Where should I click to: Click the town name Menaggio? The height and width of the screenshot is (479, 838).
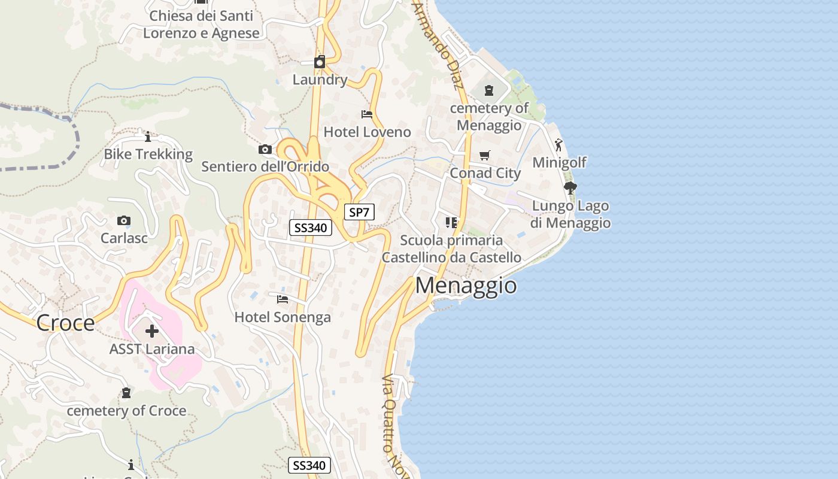(466, 286)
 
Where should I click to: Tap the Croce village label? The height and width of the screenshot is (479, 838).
(65, 323)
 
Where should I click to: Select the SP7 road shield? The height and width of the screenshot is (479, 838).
(359, 212)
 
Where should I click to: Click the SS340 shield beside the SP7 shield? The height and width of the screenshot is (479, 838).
(311, 228)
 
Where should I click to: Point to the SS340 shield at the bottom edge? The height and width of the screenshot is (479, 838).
(309, 465)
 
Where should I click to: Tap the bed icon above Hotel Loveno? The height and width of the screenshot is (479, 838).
(367, 114)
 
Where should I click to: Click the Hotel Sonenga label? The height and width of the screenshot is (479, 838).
(283, 317)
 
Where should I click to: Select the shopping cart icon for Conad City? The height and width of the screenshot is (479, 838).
(485, 156)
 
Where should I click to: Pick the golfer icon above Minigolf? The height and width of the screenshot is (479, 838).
(559, 145)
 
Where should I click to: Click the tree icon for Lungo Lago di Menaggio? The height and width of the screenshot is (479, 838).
(570, 188)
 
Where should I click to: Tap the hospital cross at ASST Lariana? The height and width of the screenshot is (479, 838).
(152, 331)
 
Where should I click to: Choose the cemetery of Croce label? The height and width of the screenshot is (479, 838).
(126, 411)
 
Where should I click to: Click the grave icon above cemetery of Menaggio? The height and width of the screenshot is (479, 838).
(489, 91)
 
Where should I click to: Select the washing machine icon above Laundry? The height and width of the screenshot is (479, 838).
(320, 62)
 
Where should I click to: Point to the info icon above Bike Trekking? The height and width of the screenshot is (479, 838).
(148, 137)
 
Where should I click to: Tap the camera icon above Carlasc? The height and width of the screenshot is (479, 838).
(124, 221)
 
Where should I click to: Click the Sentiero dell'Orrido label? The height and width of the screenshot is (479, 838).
(265, 166)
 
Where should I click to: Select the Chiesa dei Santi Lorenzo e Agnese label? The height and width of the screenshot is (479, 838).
(201, 24)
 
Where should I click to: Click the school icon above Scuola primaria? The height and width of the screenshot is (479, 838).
(451, 223)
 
